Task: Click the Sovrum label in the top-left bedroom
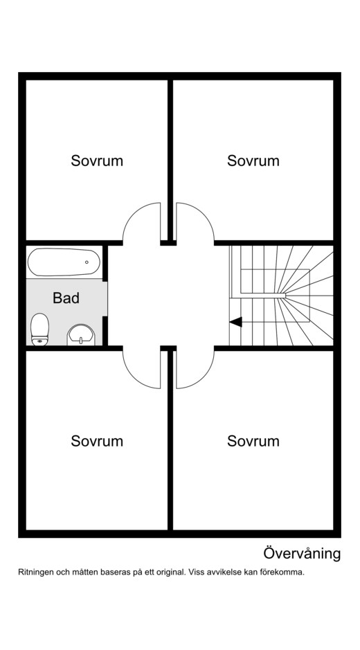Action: (97, 161)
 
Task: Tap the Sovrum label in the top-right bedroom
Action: (253, 161)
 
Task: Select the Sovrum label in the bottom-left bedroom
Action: (97, 441)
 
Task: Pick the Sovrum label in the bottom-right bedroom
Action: (253, 441)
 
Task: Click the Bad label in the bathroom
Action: (66, 298)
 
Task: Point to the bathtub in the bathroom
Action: (64, 262)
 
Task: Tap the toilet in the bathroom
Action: (40, 329)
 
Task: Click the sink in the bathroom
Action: (81, 335)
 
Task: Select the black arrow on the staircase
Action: (235, 321)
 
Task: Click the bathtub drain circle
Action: (87, 262)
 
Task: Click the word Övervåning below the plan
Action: (302, 553)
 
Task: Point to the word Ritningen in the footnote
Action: (33, 572)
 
